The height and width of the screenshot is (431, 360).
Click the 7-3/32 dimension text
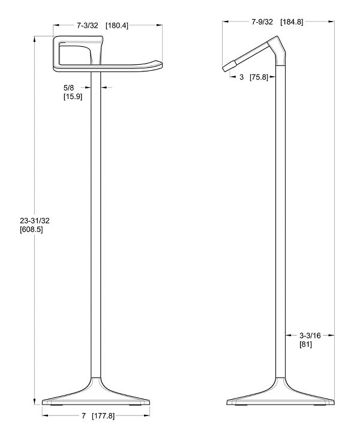click(x=88, y=26)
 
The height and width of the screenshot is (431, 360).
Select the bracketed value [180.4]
click(x=117, y=26)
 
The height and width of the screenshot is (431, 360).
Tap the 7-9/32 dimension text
click(x=262, y=22)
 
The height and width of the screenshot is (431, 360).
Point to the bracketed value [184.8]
click(x=292, y=22)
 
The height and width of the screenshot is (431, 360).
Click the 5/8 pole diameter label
click(x=69, y=88)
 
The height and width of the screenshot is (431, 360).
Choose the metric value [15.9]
click(x=73, y=97)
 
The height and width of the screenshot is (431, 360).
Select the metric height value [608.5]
click(x=31, y=229)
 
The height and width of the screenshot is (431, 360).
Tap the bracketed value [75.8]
click(x=259, y=77)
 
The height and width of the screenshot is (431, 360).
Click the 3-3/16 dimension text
click(x=310, y=336)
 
